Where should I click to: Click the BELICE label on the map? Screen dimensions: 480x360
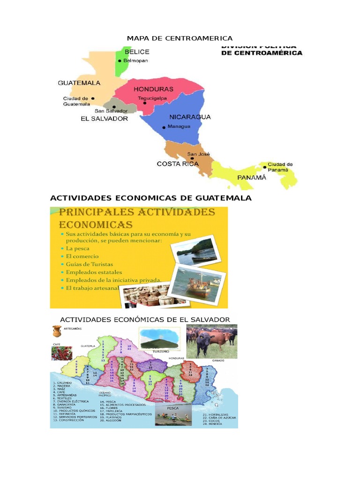pyautogui.click(x=136, y=52)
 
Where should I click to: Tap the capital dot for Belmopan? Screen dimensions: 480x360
pyautogui.click(x=120, y=61)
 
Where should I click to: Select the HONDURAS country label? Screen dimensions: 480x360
pyautogui.click(x=153, y=89)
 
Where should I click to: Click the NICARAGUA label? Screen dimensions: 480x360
pyautogui.click(x=190, y=117)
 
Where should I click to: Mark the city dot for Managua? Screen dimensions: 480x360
pyautogui.click(x=164, y=127)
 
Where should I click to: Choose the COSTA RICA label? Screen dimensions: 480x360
pyautogui.click(x=178, y=164)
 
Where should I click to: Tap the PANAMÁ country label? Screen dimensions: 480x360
pyautogui.click(x=251, y=178)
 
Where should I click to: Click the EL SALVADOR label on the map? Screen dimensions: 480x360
pyautogui.click(x=104, y=119)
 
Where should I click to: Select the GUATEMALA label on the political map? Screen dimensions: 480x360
pyautogui.click(x=79, y=83)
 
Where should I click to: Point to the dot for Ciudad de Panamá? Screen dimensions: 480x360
pyautogui.click(x=264, y=165)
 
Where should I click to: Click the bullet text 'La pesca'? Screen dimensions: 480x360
pyautogui.click(x=78, y=248)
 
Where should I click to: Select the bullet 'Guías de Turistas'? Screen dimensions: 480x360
pyautogui.click(x=89, y=264)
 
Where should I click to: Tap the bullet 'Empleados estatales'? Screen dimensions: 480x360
pyautogui.click(x=94, y=272)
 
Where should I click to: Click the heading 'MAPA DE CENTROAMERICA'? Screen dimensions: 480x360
pyautogui.click(x=180, y=38)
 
